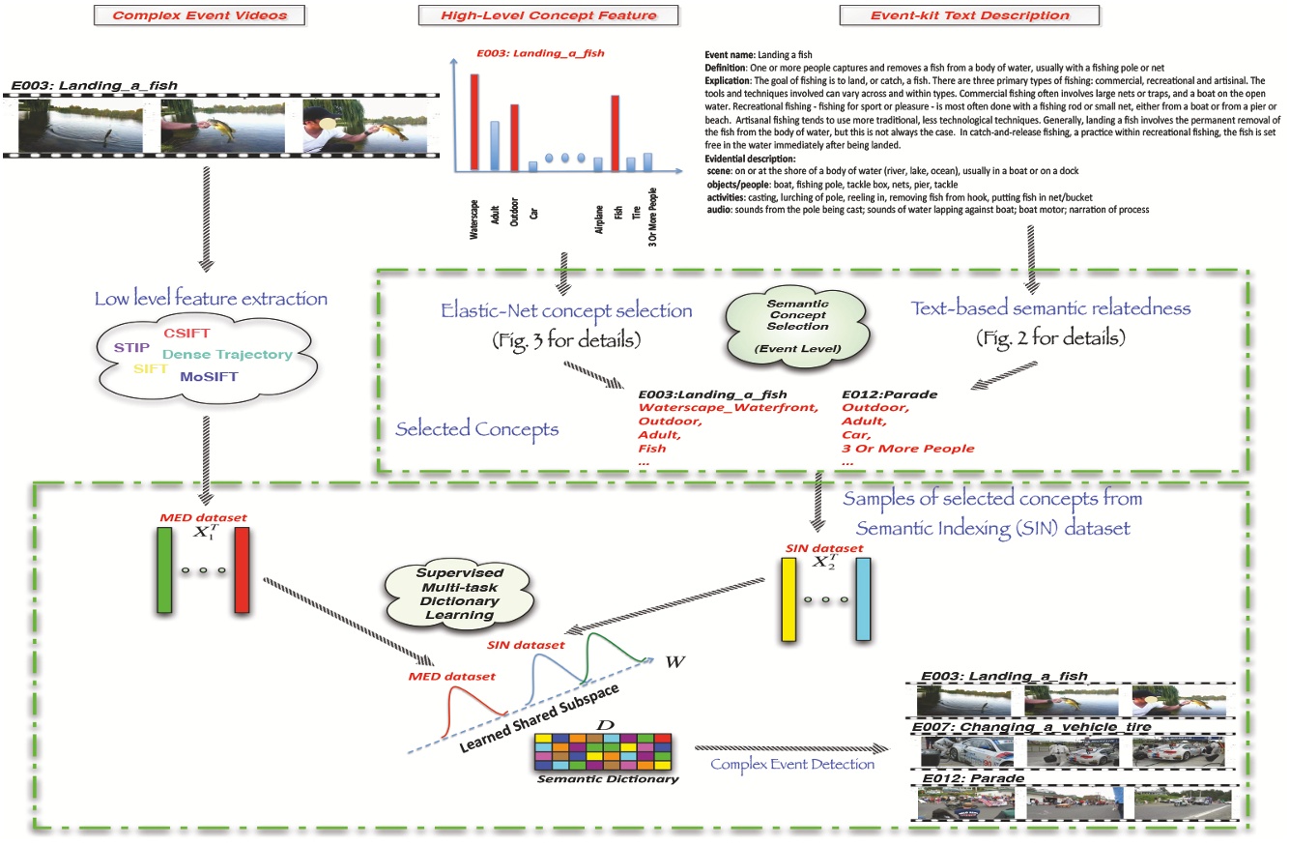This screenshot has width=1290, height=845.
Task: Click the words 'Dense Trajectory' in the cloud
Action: click(226, 355)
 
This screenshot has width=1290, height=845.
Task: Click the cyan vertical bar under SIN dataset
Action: click(862, 598)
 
